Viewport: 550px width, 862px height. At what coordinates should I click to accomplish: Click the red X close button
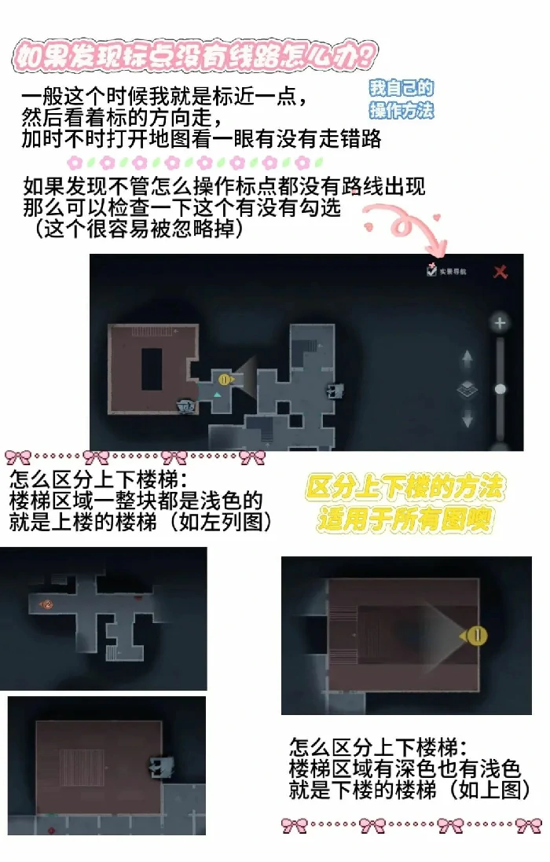pos(500,272)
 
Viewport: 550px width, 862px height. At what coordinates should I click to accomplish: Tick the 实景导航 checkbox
pos(431,270)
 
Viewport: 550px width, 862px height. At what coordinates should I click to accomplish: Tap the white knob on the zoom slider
pos(500,388)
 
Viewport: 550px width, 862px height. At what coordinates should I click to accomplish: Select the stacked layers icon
pos(467,389)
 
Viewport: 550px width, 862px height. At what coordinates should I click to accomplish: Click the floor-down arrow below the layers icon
pos(467,418)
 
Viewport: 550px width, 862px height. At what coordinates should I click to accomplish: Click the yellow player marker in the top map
pos(225,380)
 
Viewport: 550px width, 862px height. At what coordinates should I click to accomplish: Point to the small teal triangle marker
pos(217,394)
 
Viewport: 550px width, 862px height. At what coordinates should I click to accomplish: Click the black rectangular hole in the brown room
pos(151,368)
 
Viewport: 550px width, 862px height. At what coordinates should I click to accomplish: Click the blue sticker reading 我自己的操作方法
pos(401,100)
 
